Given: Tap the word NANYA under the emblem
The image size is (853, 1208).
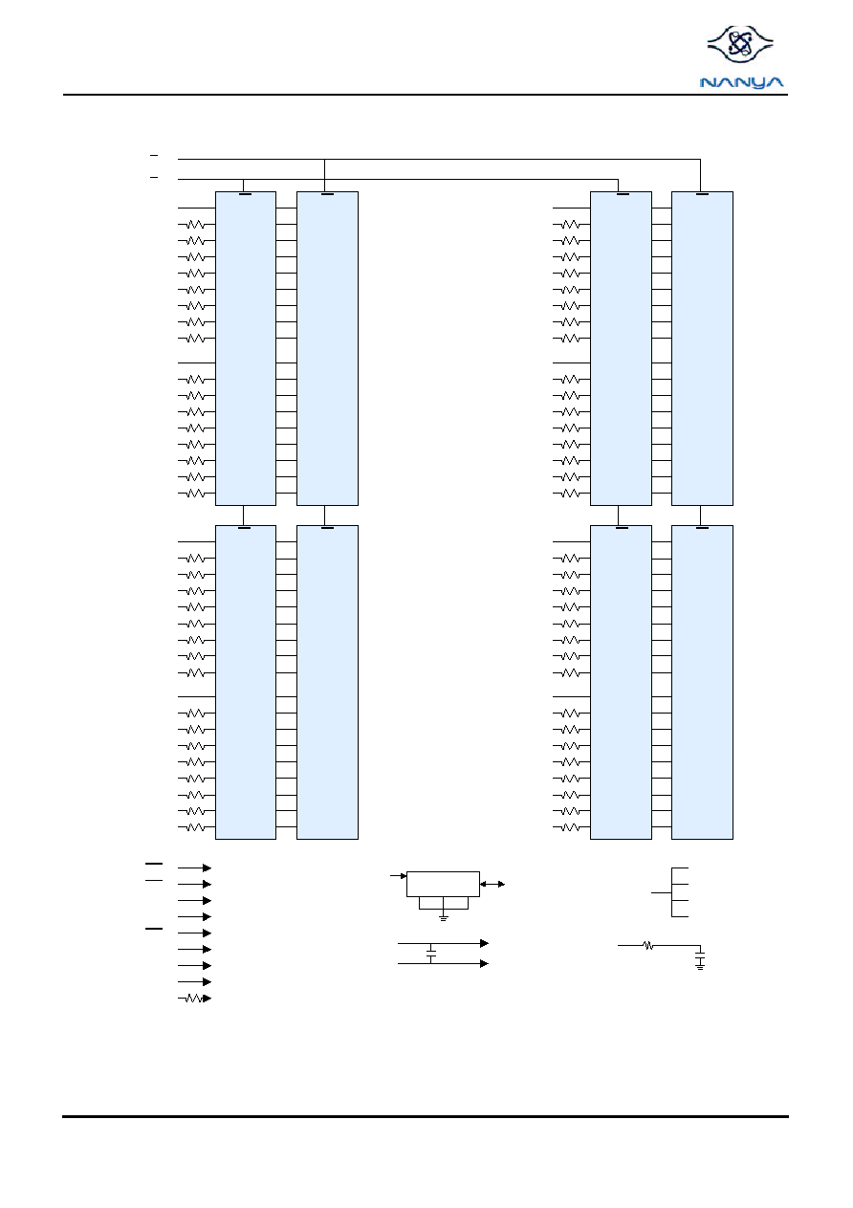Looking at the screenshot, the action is click(741, 82).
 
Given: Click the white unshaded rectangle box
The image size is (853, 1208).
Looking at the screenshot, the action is click(443, 884).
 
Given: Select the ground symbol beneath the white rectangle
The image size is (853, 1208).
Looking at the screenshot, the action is click(443, 918).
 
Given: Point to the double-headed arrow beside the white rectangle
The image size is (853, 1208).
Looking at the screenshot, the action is click(492, 884).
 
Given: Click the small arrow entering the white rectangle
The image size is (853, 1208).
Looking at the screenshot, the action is click(398, 876).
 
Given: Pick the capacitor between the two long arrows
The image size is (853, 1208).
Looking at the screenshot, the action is click(431, 954).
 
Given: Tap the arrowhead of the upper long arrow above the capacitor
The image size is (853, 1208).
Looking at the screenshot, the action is click(484, 943).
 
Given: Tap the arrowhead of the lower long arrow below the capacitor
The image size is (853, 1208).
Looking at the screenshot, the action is click(484, 963).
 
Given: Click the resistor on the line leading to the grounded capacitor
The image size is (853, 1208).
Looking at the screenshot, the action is click(648, 945).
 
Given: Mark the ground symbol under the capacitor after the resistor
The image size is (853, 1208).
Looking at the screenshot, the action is click(700, 967).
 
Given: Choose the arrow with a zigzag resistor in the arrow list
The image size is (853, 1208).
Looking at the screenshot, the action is click(194, 999).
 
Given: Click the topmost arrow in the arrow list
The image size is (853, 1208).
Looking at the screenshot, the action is click(194, 868).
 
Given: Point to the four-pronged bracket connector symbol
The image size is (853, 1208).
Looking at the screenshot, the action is click(672, 892).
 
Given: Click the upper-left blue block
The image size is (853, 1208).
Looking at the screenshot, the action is click(246, 348).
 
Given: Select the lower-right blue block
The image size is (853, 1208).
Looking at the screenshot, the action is click(702, 682).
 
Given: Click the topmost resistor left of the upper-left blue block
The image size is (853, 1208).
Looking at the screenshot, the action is click(195, 225).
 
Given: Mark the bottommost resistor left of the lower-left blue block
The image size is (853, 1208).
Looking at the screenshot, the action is click(195, 827).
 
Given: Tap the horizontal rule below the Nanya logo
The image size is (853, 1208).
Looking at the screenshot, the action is click(426, 95).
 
